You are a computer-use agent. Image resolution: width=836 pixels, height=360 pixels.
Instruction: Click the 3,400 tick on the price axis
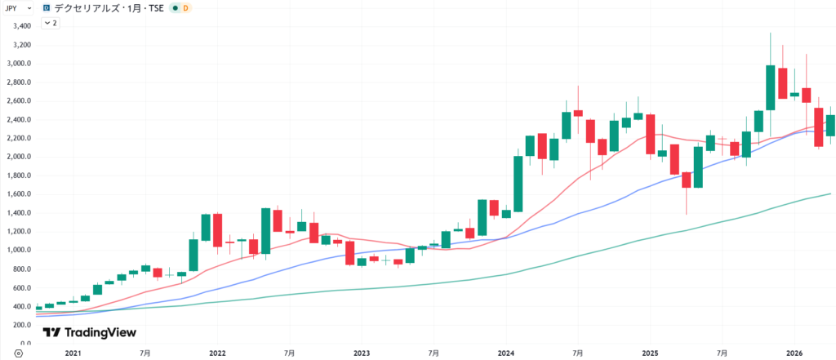pos(20,25)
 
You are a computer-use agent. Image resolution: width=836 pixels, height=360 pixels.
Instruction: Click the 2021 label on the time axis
pos(73,353)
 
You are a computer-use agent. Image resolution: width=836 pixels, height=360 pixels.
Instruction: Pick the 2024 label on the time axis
pos(505,353)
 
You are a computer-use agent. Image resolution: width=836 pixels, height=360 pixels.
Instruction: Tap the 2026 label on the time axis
pos(794,353)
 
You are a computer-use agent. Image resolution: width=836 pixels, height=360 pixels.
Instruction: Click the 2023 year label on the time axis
pos(361,353)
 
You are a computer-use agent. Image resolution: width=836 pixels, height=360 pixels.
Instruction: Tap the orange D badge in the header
pos(185,7)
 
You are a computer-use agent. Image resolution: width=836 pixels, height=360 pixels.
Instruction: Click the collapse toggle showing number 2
pos(49,23)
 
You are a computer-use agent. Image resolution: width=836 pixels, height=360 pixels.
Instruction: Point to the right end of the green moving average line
pos(830,193)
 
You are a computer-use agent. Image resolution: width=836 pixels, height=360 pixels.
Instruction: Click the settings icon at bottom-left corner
pos(7,353)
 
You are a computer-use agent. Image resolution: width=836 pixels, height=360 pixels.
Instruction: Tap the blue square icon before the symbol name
pos(47,7)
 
